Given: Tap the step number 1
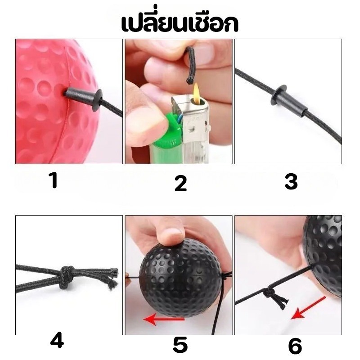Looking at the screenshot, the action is pos(54,180).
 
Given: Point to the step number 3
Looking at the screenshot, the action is pos(291,181).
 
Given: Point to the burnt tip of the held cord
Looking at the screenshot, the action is pos(189,81).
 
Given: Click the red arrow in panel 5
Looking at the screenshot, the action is pos(164,319).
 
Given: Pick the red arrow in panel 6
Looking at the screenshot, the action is pos(308,308).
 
